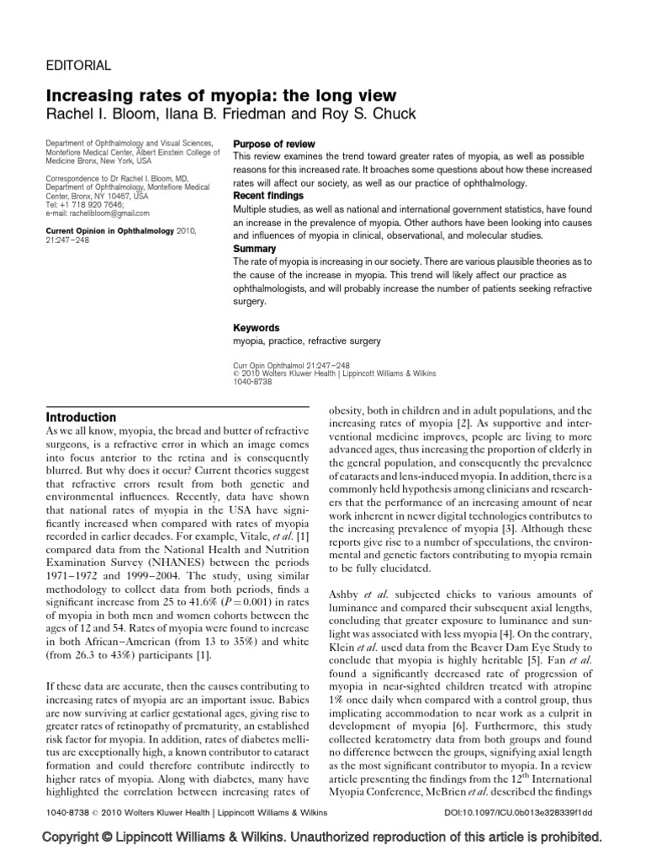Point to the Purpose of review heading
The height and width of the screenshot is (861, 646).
(x=275, y=144)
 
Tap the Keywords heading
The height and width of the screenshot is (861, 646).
(x=256, y=327)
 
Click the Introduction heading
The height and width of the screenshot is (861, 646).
(x=81, y=417)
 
